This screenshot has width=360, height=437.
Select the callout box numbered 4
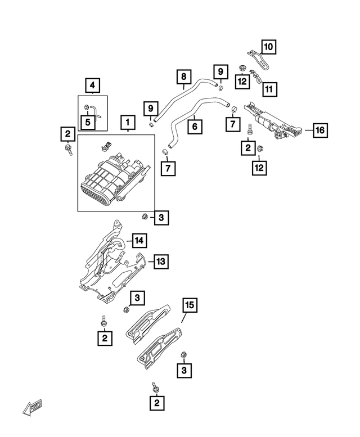tap(92, 86)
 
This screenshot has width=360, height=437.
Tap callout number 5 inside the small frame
tap(87, 121)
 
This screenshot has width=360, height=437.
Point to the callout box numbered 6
tap(195, 127)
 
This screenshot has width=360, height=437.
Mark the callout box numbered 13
tap(160, 262)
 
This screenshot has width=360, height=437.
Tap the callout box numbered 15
tap(190, 305)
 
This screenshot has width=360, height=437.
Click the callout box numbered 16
tap(319, 130)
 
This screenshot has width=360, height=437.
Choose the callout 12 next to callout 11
tap(242, 82)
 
